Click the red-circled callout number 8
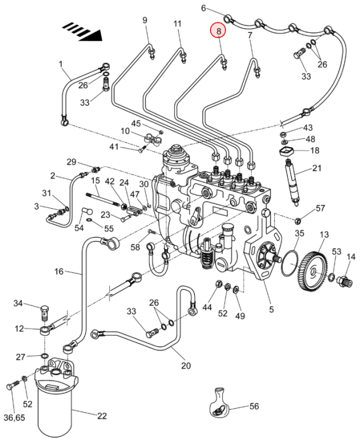pos(218,31)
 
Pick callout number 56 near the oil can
pos(254,406)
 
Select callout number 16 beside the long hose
pos(59,271)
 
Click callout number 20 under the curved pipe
pos(186,366)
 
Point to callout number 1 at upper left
pos(60,63)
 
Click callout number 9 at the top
pos(145,21)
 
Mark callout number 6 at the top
pos(204,8)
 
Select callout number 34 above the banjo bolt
pos(18,303)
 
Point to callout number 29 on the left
pos(71,162)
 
